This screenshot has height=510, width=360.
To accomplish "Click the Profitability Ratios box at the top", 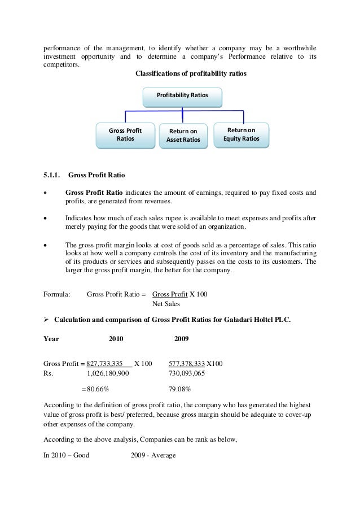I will click(182, 97).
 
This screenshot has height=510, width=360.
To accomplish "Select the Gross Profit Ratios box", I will click(125, 134).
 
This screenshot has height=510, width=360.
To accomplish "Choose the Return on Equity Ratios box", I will click(242, 134).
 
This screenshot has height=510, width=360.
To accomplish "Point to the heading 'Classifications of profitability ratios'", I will click(191, 74).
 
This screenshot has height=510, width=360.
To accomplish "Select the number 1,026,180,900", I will click(108, 373).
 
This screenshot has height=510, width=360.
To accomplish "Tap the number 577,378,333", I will click(187, 364).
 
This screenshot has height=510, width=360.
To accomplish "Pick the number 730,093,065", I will click(187, 373).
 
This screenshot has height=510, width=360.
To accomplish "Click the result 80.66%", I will click(96, 389).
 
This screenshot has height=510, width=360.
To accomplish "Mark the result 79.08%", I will click(180, 389).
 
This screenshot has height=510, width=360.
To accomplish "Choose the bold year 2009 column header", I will click(181, 339).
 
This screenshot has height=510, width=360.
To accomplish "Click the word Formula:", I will click(57, 294).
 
